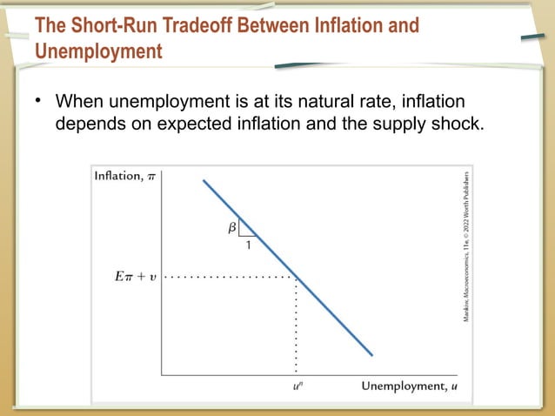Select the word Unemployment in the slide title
(x=98, y=51)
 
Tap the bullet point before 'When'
(x=38, y=101)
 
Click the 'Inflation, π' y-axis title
(x=125, y=177)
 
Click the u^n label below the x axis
(x=297, y=386)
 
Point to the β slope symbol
(x=232, y=229)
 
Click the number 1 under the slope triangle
(x=248, y=246)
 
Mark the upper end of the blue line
(x=204, y=180)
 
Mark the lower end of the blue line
(x=371, y=354)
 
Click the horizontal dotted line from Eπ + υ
(x=231, y=278)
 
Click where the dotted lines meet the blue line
(x=297, y=278)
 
